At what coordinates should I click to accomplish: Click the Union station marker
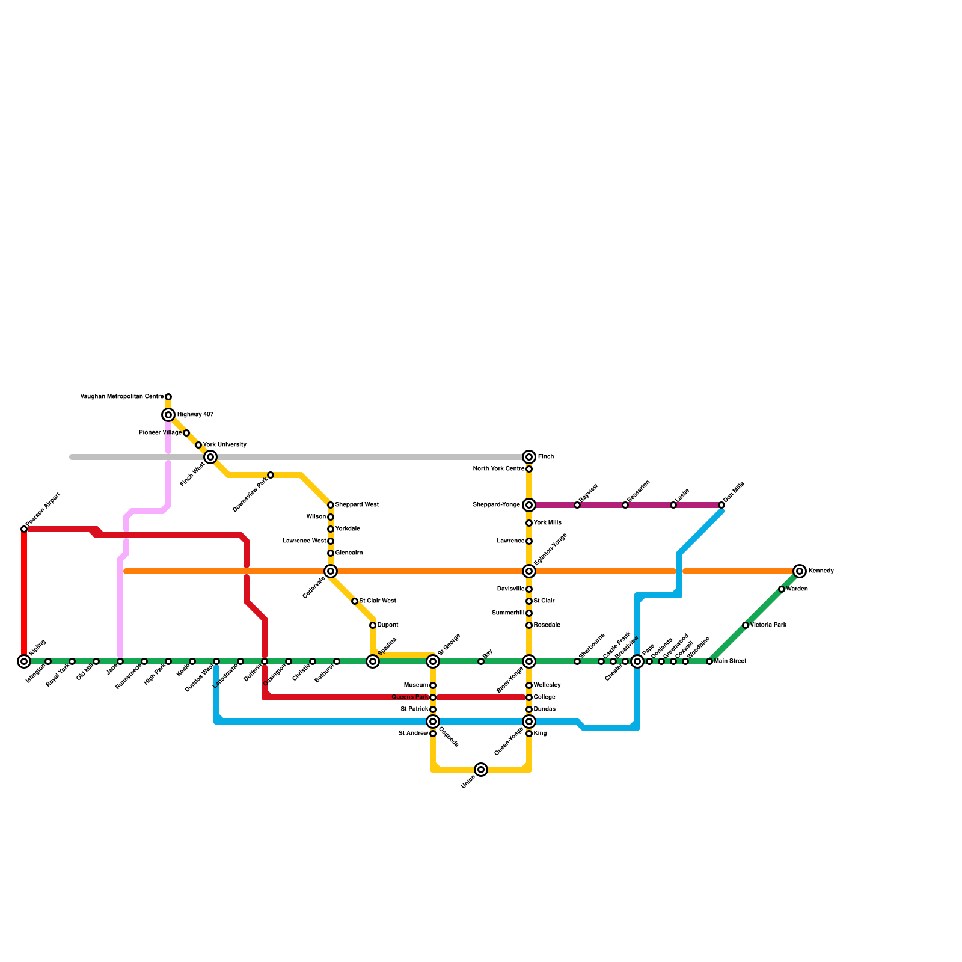pyautogui.click(x=481, y=770)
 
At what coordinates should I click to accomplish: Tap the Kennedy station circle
pyautogui.click(x=799, y=571)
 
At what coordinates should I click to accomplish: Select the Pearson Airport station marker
pyautogui.click(x=24, y=529)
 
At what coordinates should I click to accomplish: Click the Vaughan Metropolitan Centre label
pyautogui.click(x=122, y=397)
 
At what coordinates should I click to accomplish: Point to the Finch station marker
pyautogui.click(x=529, y=457)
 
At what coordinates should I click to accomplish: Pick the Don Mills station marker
pyautogui.click(x=721, y=505)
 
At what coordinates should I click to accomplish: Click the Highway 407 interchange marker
pyautogui.click(x=168, y=415)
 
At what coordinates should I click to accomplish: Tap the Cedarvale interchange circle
pyautogui.click(x=331, y=571)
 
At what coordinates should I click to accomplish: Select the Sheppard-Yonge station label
pyautogui.click(x=496, y=505)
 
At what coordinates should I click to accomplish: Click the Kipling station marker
pyautogui.click(x=24, y=661)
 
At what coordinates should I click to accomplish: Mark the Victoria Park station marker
pyautogui.click(x=746, y=625)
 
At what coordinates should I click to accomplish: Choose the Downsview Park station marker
pyautogui.click(x=271, y=475)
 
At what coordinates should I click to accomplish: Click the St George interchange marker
pyautogui.click(x=433, y=661)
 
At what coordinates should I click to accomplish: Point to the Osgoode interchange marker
pyautogui.click(x=433, y=721)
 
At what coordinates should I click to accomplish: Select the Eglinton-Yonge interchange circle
pyautogui.click(x=529, y=571)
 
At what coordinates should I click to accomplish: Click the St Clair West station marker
pyautogui.click(x=355, y=601)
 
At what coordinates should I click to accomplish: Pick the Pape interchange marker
pyautogui.click(x=637, y=661)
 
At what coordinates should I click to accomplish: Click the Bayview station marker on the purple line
pyautogui.click(x=577, y=505)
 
